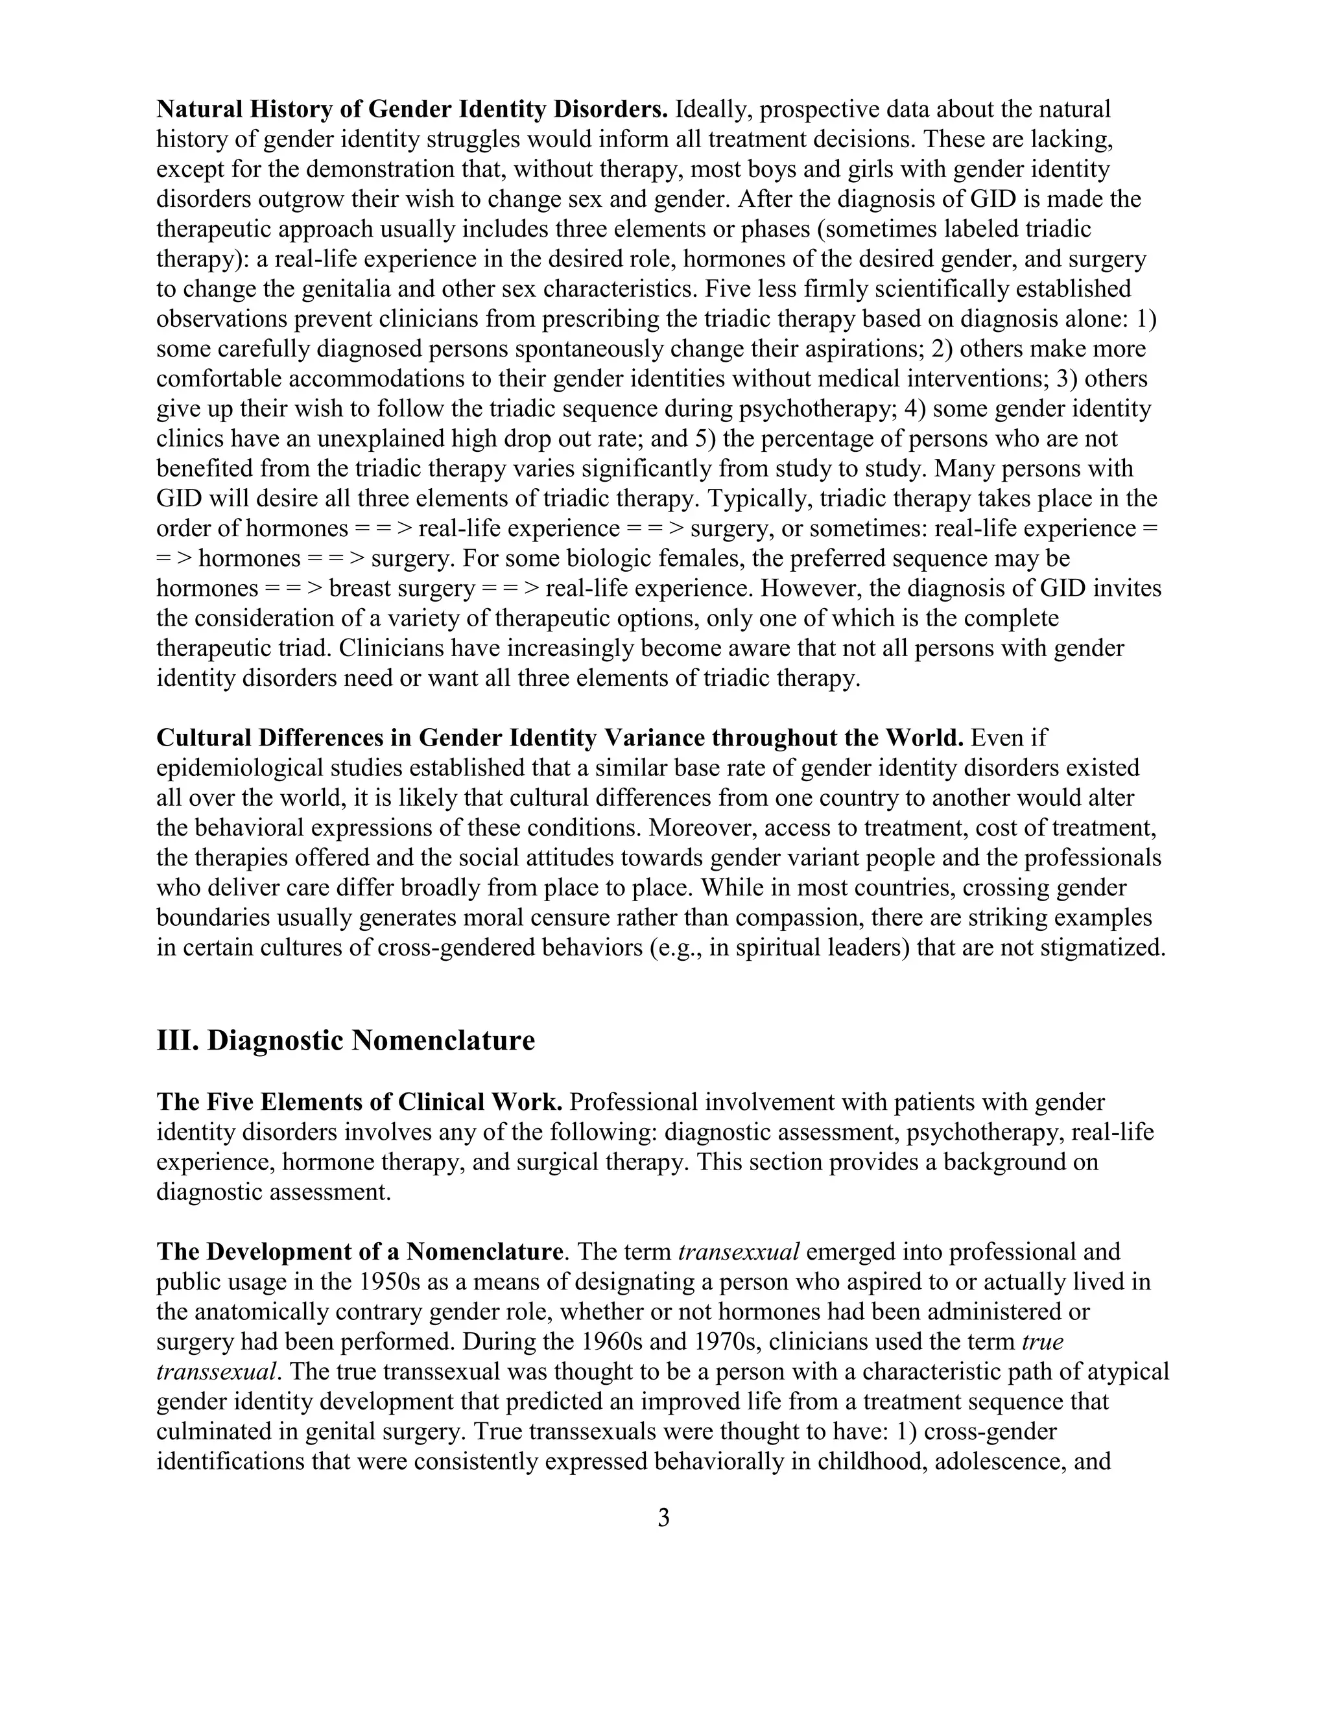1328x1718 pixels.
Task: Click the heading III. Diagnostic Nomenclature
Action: [346, 1041]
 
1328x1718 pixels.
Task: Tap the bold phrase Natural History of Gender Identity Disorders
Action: [412, 110]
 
